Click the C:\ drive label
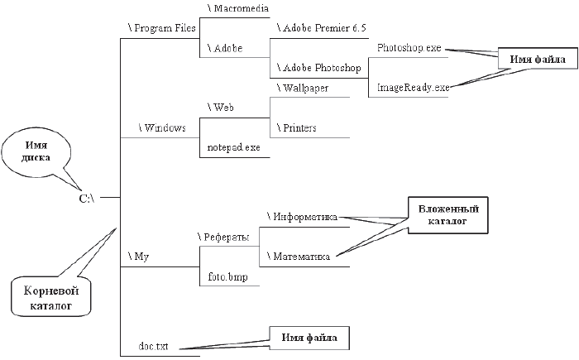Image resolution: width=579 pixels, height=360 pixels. click(x=87, y=199)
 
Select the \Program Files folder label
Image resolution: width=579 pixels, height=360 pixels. click(x=161, y=28)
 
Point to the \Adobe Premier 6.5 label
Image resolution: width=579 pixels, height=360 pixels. click(x=318, y=28)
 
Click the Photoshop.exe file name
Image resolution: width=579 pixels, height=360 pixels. click(x=409, y=48)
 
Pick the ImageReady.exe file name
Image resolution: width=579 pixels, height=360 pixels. click(x=413, y=87)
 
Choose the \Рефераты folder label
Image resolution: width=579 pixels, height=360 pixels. click(x=223, y=238)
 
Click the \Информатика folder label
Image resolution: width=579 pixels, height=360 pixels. click(x=302, y=218)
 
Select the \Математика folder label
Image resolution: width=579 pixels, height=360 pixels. click(x=299, y=257)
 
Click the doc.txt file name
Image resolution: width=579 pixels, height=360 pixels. click(x=154, y=346)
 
